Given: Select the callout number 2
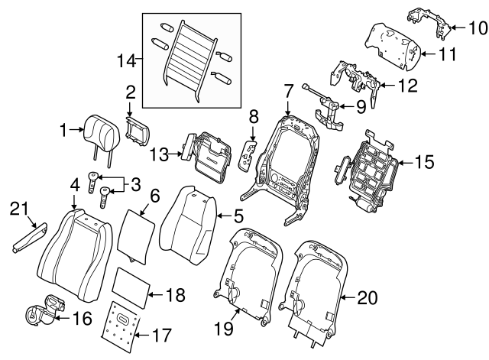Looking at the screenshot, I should click(130, 92).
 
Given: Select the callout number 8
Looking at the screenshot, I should click(254, 117).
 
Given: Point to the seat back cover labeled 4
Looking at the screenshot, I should click(73, 245).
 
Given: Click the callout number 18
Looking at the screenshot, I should click(176, 294).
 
